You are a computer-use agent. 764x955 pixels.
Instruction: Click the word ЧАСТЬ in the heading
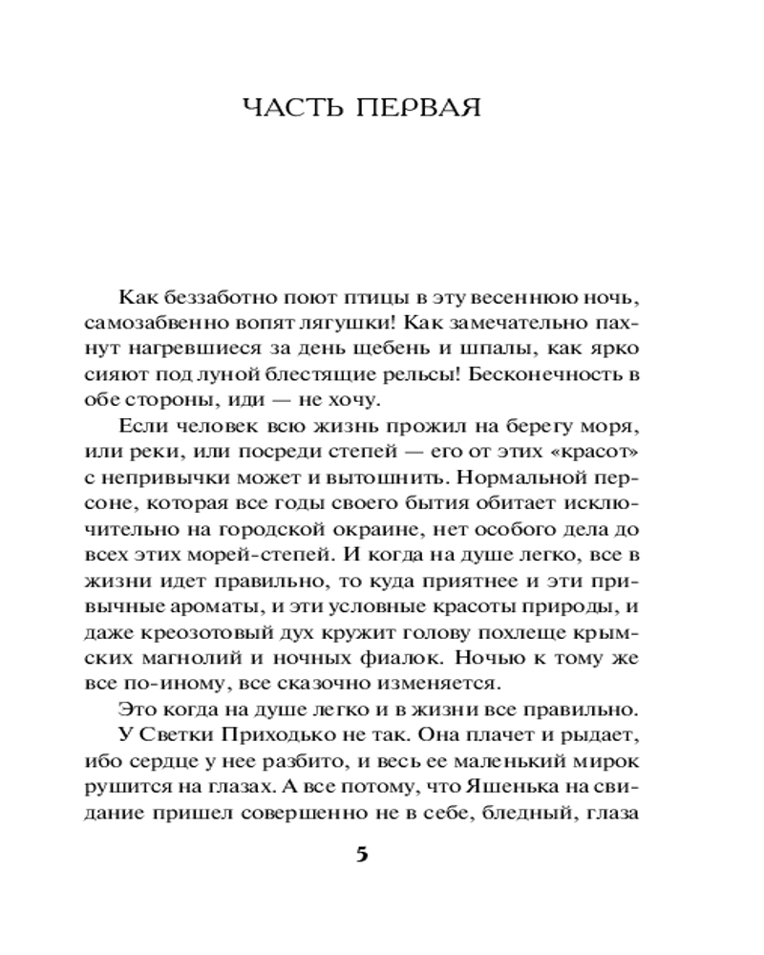coord(296,108)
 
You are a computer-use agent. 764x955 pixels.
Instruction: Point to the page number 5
coord(361,853)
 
